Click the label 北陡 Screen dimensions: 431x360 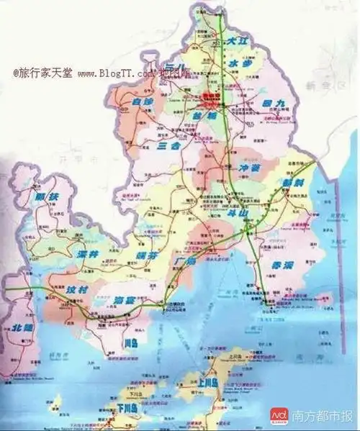(x=24, y=327)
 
